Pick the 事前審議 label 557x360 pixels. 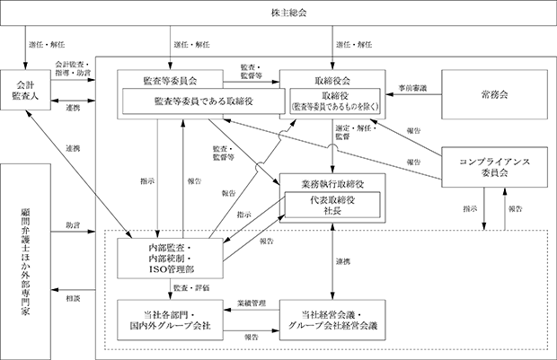tap(412, 88)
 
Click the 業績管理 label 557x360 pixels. tap(252, 303)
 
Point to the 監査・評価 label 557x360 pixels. tap(191, 288)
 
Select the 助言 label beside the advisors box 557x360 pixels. tap(73, 225)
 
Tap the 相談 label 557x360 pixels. tap(73, 299)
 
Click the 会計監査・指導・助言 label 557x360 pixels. tap(73, 69)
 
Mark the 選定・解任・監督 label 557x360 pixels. tap(356, 133)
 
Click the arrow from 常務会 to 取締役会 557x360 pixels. tap(413, 94)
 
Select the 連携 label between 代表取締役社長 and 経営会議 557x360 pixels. tap(343, 261)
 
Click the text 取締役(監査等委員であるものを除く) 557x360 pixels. tap(335, 101)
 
